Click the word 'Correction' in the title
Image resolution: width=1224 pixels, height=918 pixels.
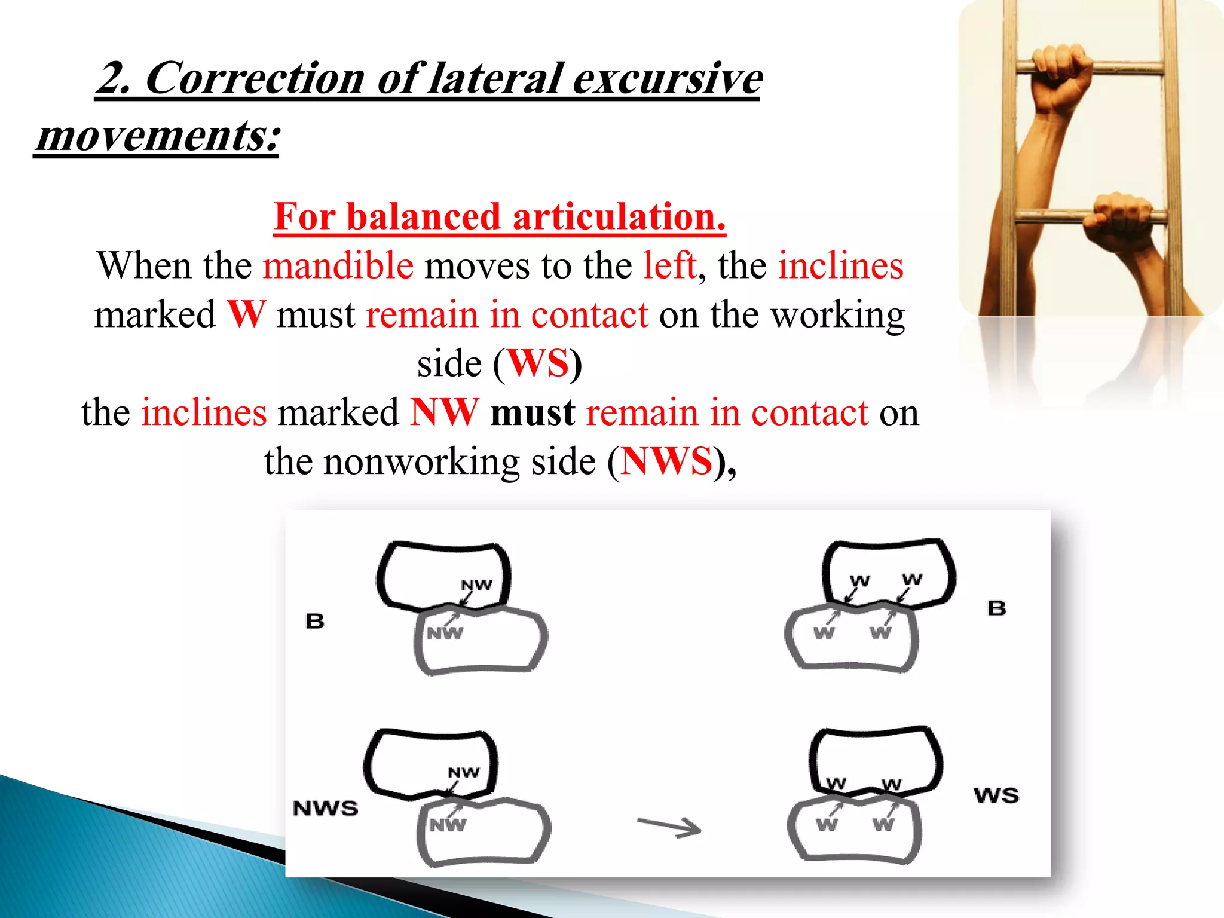(255, 78)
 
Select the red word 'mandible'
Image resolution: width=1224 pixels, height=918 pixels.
(338, 265)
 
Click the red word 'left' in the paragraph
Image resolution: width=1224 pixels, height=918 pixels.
(669, 265)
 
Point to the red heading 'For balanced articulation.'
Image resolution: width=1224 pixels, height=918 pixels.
(500, 216)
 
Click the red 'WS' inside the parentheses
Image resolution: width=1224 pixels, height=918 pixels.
(538, 363)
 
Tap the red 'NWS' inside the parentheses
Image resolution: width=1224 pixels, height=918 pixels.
(666, 461)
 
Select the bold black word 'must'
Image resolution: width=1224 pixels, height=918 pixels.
(533, 413)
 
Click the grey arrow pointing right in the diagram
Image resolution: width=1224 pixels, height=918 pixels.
(669, 827)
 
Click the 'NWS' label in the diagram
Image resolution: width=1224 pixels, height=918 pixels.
(325, 809)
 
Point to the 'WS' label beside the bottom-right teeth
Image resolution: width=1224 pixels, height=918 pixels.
(996, 795)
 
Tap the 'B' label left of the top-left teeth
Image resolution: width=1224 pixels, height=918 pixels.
(315, 622)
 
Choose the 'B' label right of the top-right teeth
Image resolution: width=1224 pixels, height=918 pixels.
(997, 608)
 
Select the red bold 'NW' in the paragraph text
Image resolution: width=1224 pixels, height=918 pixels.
(444, 413)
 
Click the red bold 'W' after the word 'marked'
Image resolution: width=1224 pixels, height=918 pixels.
(246, 315)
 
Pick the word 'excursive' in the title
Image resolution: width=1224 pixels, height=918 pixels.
(667, 78)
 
